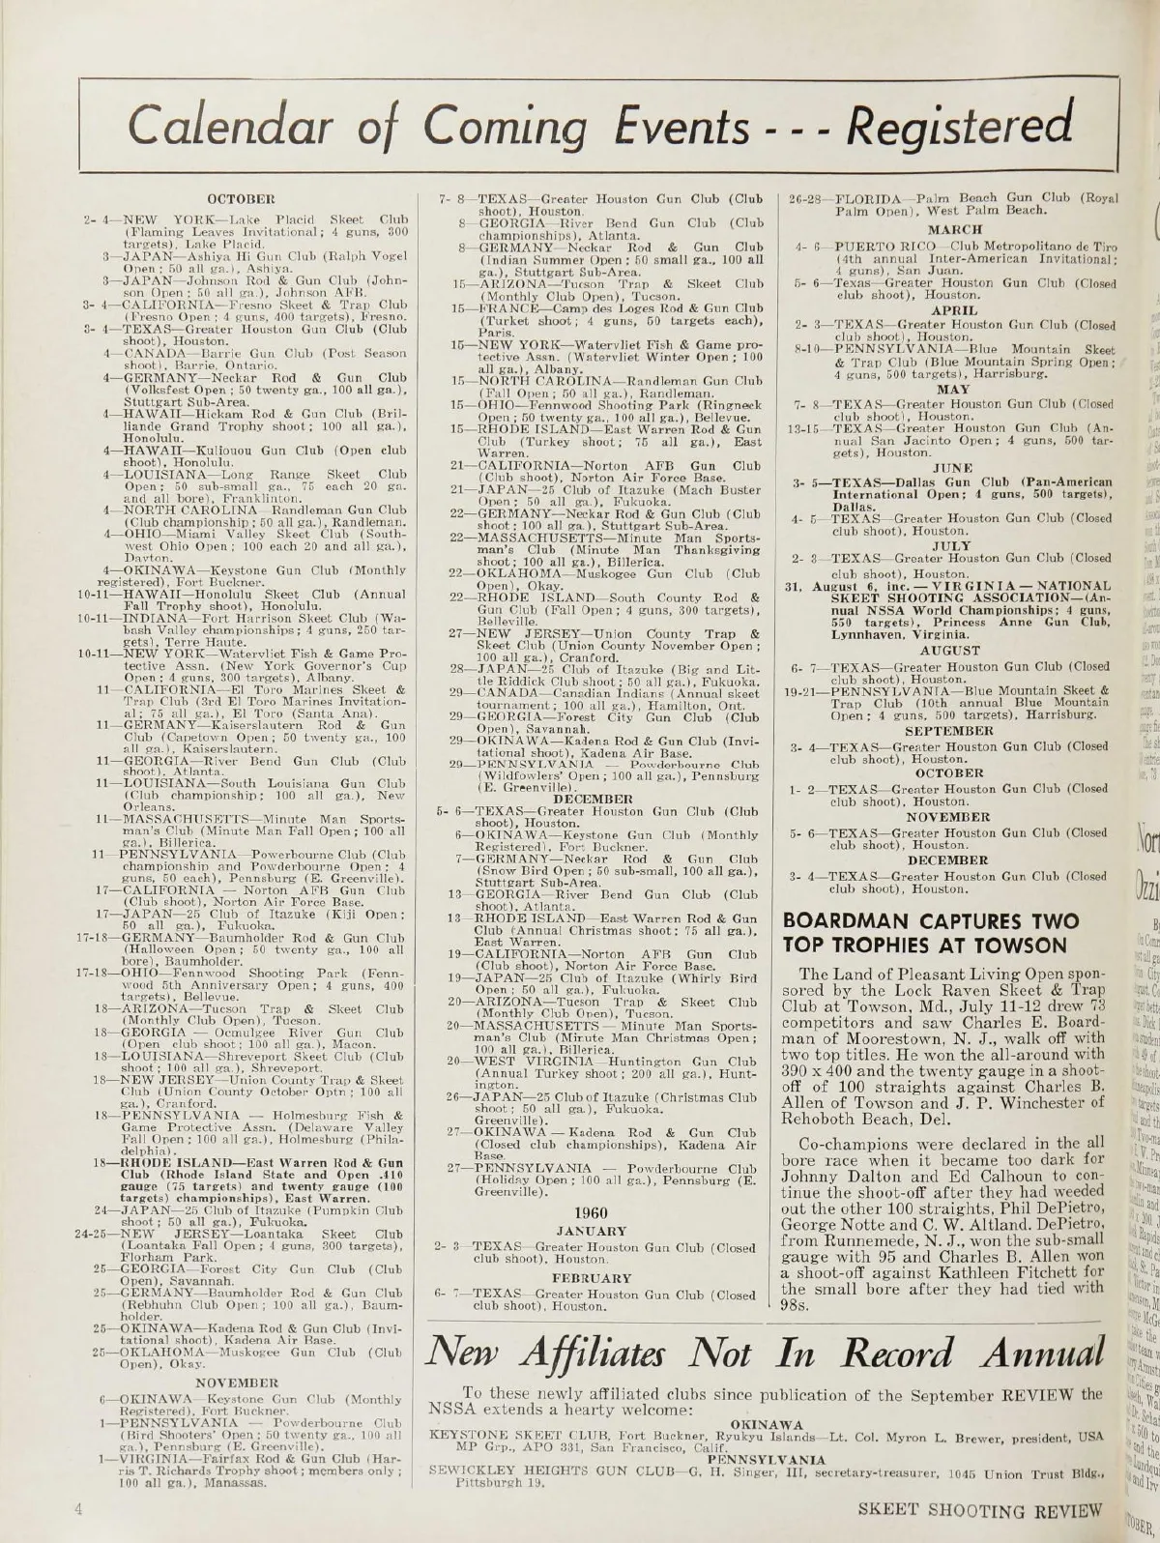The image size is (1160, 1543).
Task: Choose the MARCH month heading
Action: [955, 230]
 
